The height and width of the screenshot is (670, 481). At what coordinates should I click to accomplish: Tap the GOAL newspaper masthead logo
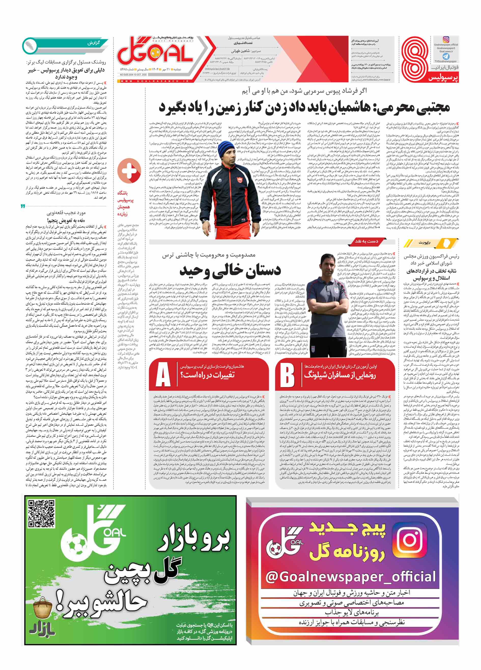tap(155, 54)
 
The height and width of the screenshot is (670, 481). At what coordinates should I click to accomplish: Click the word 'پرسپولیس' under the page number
tap(443, 78)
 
